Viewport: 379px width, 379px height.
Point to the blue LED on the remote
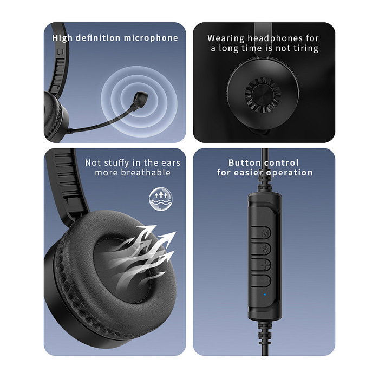[x=264, y=295]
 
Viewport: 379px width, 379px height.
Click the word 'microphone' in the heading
[x=151, y=38]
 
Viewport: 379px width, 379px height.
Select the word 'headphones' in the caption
[x=269, y=38]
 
